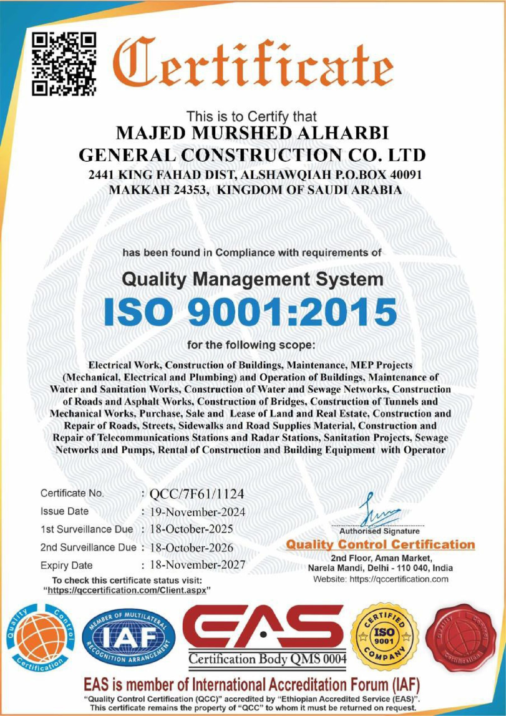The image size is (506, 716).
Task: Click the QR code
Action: point(64,64)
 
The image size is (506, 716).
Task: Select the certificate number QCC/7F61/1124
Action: point(197,494)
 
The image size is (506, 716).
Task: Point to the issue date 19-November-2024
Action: point(197,512)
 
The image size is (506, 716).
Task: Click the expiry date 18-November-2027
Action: point(197,565)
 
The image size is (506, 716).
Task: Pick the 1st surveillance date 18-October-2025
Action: point(191,529)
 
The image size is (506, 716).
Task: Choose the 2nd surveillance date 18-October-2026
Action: point(191,548)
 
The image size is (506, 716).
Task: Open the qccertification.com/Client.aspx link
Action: point(127,590)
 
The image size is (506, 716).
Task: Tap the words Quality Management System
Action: point(253,279)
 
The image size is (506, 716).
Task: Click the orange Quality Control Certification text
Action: point(380,545)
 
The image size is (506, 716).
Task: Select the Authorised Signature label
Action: point(379,531)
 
